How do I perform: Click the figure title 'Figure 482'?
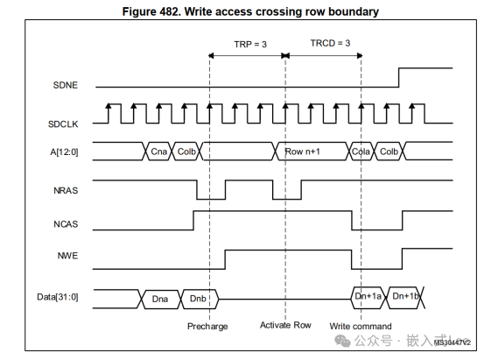(x=241, y=11)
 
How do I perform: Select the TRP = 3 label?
(x=249, y=44)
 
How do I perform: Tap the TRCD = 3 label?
(x=330, y=44)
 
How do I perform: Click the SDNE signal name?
(x=66, y=85)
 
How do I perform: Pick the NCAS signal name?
(x=67, y=222)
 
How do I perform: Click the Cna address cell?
(x=158, y=152)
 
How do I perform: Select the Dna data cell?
(x=160, y=299)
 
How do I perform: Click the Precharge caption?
(x=208, y=326)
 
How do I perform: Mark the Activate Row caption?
(x=285, y=326)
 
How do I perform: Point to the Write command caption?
(x=361, y=326)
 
